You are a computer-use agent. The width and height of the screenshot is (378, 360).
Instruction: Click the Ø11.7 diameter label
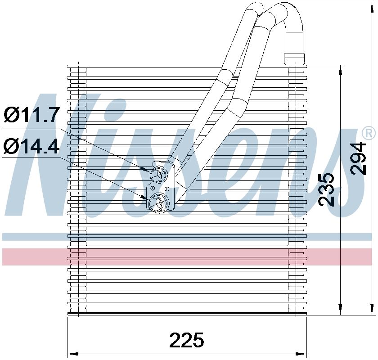31,115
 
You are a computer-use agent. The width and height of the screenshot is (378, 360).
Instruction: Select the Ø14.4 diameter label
31,146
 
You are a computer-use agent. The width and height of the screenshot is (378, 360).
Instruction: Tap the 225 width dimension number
187,340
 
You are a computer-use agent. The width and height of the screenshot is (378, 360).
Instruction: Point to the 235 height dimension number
327,189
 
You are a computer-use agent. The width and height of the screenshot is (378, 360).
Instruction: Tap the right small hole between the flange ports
167,188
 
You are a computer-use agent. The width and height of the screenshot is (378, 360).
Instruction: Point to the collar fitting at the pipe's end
294,58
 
